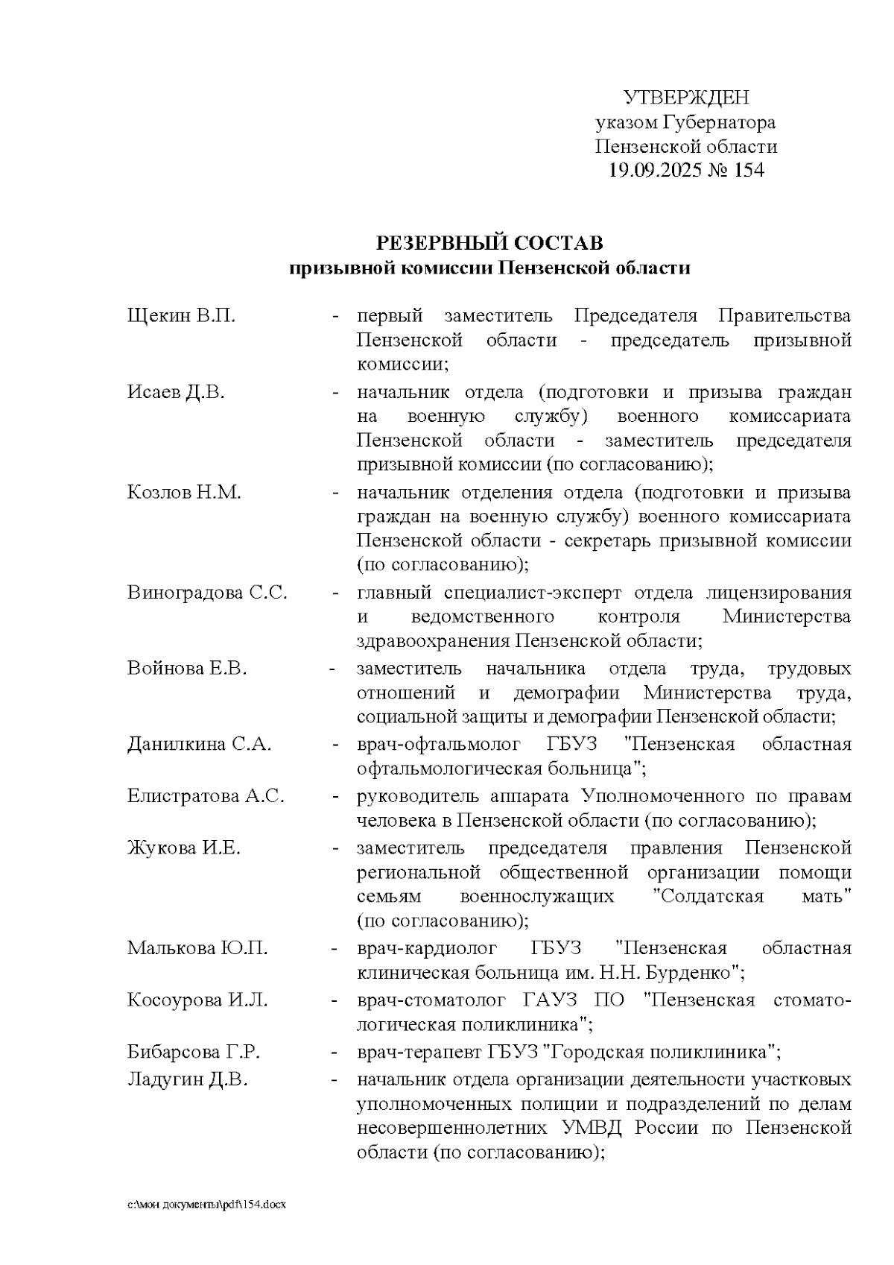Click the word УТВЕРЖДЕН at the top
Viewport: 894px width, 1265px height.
[685, 98]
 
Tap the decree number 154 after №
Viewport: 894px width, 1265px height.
[749, 171]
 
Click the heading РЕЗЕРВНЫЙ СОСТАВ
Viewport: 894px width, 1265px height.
[489, 244]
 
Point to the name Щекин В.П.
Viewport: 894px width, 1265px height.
[181, 316]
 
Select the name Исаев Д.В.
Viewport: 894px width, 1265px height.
[176, 393]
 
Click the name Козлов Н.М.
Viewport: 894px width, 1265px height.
[184, 493]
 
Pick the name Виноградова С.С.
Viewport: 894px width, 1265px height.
[207, 593]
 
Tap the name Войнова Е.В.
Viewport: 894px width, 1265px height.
[186, 669]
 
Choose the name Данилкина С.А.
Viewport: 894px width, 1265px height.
[199, 745]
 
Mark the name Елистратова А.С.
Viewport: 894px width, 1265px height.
[206, 796]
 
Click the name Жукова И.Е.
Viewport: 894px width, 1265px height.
[184, 848]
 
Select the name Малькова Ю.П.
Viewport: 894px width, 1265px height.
[197, 949]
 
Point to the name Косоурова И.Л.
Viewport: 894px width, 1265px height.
[197, 1000]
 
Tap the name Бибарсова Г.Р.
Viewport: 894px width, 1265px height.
[193, 1053]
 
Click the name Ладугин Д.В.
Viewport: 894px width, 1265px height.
[187, 1079]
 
